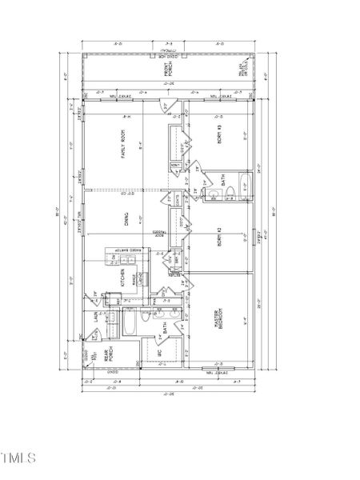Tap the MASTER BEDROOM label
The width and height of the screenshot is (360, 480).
[216, 320]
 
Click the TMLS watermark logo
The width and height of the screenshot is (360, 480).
[19, 458]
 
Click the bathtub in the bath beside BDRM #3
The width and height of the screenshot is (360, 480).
[243, 190]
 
